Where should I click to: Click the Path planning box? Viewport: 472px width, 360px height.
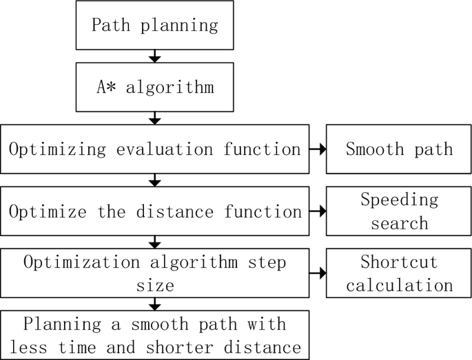click(155, 25)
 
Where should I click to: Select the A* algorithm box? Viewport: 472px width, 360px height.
click(155, 87)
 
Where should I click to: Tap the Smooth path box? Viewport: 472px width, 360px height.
click(399, 149)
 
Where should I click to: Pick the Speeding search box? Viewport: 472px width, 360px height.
click(399, 211)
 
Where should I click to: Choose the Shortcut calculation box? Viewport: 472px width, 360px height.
click(399, 273)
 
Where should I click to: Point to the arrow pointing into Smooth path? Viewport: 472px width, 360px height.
click(317, 149)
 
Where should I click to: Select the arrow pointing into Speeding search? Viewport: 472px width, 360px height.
click(317, 211)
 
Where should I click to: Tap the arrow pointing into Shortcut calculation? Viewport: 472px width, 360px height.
click(317, 273)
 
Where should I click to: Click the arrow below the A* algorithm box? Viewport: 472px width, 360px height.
click(155, 118)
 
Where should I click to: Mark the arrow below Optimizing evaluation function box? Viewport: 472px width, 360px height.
click(155, 181)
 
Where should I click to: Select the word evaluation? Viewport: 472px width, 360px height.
click(146, 149)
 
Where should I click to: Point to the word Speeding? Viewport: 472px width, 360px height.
click(399, 200)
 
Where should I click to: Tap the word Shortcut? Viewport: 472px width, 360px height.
click(399, 262)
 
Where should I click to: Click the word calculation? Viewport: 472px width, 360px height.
click(399, 284)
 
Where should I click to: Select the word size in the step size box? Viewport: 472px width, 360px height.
click(155, 284)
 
